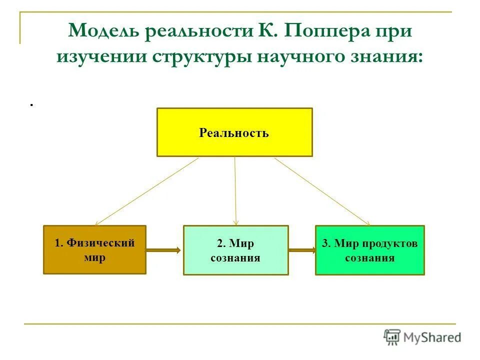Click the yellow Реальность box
click(x=234, y=132)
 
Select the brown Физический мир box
click(x=94, y=249)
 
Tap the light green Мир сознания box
click(x=235, y=250)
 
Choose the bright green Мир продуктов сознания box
click(x=369, y=250)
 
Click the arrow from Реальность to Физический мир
click(x=146, y=191)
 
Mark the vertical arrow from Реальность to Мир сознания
click(x=235, y=191)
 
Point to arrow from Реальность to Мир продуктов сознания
click(x=322, y=191)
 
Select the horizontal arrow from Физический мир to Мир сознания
click(x=164, y=249)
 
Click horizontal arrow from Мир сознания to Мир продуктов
click(x=302, y=249)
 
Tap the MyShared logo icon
click(x=392, y=337)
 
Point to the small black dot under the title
click(x=31, y=105)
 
